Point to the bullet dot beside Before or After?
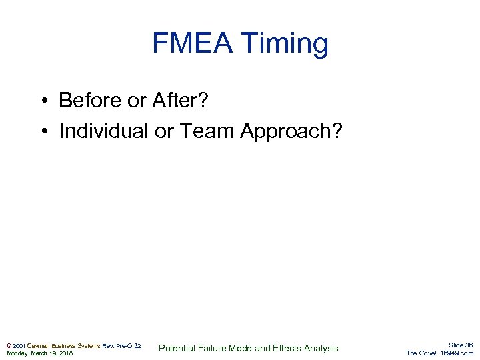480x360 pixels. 42,101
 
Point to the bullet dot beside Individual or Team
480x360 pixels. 42,132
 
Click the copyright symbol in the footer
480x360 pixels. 8,346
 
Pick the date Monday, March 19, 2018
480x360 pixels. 39,353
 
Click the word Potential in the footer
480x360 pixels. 177,348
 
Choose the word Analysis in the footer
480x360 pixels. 321,348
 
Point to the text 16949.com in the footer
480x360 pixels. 457,353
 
